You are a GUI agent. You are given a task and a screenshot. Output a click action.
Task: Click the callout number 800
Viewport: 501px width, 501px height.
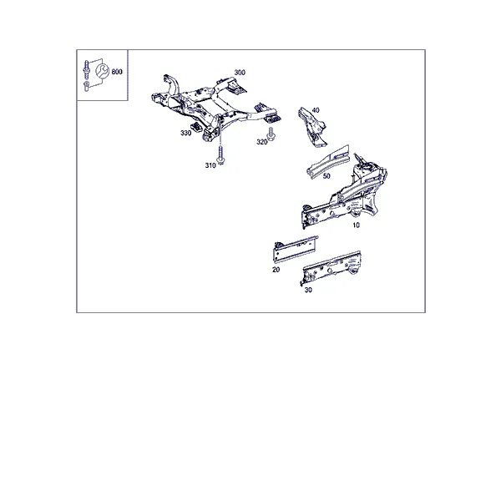click(x=117, y=72)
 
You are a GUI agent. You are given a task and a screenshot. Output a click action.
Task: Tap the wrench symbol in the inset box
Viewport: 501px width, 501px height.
click(x=103, y=71)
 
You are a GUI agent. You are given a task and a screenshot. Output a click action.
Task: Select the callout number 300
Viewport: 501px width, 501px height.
click(x=240, y=73)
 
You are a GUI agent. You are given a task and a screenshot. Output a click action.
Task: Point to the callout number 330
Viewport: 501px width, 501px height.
click(x=185, y=133)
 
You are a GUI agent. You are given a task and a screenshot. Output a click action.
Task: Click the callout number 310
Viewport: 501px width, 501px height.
click(x=210, y=165)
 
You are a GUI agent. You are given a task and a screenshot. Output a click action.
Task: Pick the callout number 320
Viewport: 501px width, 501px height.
click(x=261, y=142)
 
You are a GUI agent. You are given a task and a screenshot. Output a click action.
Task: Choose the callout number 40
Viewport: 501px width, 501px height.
click(x=316, y=110)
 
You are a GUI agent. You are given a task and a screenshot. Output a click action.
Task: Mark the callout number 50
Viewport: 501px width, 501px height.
click(x=326, y=176)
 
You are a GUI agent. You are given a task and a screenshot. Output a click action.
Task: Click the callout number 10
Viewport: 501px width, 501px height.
click(x=356, y=225)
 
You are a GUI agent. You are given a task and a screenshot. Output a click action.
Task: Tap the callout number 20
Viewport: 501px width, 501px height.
click(x=276, y=270)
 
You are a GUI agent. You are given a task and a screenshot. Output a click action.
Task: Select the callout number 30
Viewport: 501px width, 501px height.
click(x=308, y=290)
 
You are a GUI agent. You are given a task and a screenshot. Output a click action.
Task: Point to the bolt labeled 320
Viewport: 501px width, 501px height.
click(x=271, y=134)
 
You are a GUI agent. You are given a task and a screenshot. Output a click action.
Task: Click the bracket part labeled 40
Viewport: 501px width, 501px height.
click(x=311, y=127)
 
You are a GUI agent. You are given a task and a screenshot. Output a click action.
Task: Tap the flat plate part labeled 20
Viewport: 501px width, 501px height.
click(x=296, y=250)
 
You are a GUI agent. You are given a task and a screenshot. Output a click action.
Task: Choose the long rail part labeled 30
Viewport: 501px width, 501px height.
click(x=331, y=268)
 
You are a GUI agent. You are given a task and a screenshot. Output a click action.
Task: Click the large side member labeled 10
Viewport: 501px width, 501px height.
click(x=345, y=194)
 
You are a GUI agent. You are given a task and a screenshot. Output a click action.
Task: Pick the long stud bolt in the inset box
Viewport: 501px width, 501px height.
click(x=86, y=69)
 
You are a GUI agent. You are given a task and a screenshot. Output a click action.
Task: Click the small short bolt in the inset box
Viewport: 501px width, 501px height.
click(x=86, y=87)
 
